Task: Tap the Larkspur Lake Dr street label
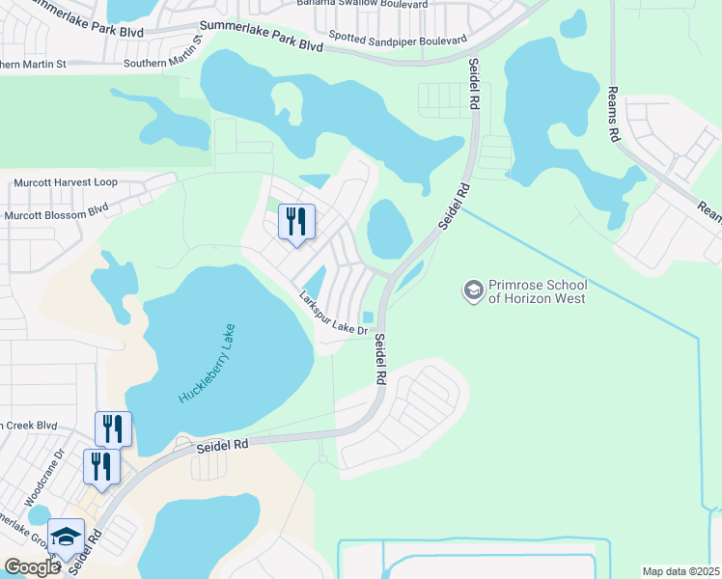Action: pyautogui.click(x=334, y=314)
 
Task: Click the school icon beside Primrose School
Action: pyautogui.click(x=473, y=290)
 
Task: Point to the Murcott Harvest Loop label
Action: pyautogui.click(x=65, y=182)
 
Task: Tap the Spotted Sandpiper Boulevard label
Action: pyautogui.click(x=398, y=40)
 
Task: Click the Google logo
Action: pyautogui.click(x=32, y=567)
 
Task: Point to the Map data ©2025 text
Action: pyautogui.click(x=680, y=571)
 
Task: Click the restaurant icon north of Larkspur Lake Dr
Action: pyautogui.click(x=296, y=222)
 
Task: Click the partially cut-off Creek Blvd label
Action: pyautogui.click(x=29, y=425)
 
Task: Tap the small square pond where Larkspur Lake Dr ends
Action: pyautogui.click(x=368, y=318)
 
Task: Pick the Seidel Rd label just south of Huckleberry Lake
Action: pyautogui.click(x=223, y=445)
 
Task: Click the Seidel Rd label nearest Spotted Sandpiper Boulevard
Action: pyautogui.click(x=474, y=84)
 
